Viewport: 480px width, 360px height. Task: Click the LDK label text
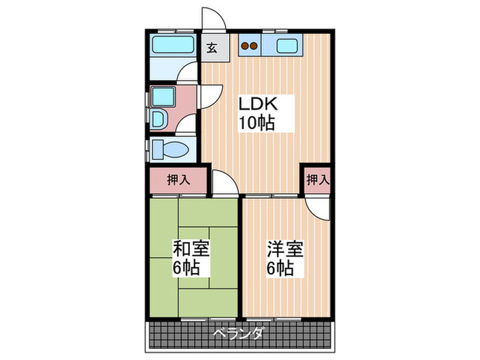(x=258, y=104)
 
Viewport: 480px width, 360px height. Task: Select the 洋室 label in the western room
(x=285, y=249)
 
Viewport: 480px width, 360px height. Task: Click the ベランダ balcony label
(x=238, y=333)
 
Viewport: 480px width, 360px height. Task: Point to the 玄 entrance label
(x=212, y=48)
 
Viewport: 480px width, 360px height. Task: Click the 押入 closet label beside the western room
(x=318, y=180)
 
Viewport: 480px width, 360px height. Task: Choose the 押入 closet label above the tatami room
(x=178, y=180)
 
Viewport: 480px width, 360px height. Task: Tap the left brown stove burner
(x=245, y=46)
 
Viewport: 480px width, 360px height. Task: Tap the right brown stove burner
(x=254, y=46)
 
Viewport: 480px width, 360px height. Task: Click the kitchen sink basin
(x=287, y=46)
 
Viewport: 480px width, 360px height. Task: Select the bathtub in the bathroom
(x=173, y=45)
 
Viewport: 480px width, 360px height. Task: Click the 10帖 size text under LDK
(x=256, y=123)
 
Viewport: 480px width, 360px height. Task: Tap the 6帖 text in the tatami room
(x=187, y=268)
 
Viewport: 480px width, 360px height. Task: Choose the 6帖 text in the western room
(x=280, y=269)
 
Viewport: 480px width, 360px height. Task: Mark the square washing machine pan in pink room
(x=163, y=97)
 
